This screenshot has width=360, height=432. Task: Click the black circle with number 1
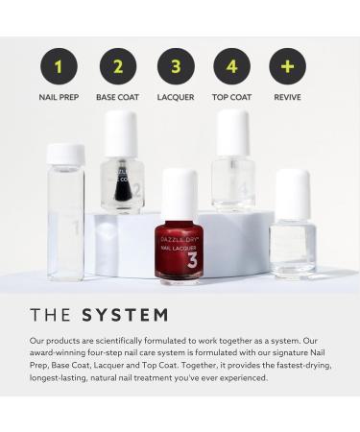click(59, 66)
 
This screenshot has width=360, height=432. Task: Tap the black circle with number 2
click(118, 66)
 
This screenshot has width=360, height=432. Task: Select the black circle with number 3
click(176, 66)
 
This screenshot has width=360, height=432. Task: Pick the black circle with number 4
click(231, 66)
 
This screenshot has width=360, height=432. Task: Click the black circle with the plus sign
click(287, 66)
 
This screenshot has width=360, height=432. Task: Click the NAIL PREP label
click(59, 98)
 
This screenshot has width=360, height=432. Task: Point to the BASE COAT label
click(118, 98)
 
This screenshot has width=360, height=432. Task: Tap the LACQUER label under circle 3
click(176, 98)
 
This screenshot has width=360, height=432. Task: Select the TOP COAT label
click(231, 98)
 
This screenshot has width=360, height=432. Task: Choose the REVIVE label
click(287, 98)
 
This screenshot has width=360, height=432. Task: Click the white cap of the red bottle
click(180, 193)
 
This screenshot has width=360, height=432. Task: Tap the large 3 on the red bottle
click(191, 259)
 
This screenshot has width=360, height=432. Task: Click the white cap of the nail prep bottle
click(65, 155)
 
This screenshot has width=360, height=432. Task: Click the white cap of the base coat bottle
click(121, 134)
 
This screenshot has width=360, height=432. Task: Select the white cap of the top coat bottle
click(232, 132)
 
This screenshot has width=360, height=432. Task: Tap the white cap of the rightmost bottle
click(292, 194)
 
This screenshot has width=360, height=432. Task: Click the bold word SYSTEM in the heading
click(125, 315)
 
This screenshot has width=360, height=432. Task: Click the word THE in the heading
click(52, 315)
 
